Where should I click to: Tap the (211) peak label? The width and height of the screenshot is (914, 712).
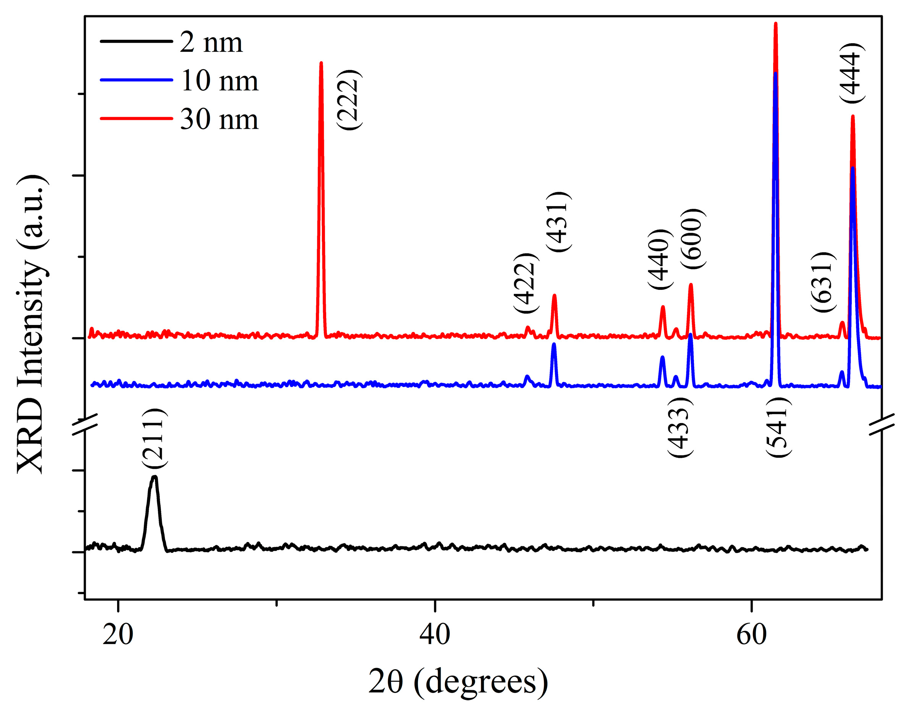(x=154, y=439)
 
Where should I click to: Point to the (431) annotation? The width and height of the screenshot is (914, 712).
(x=558, y=221)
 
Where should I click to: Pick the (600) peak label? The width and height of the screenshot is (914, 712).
(x=693, y=238)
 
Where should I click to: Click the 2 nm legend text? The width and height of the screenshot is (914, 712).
(x=211, y=42)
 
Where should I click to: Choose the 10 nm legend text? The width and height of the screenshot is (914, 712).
(x=219, y=81)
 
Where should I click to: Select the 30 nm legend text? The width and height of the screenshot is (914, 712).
(x=219, y=119)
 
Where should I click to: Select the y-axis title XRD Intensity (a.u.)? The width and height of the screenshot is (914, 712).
(x=31, y=325)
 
